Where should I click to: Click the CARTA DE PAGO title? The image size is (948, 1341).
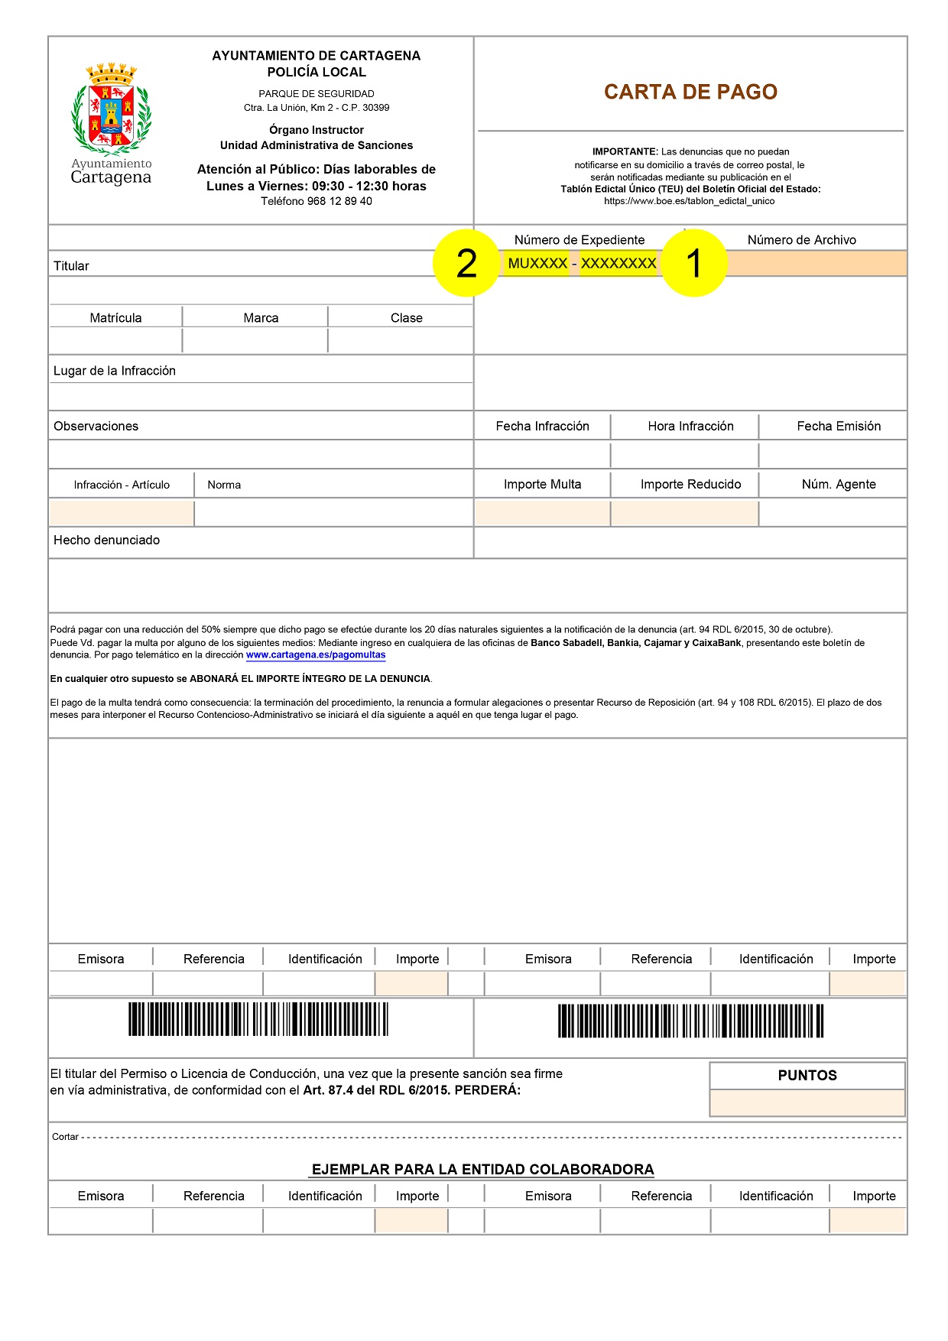[690, 92]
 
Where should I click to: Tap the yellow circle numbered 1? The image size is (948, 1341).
[693, 264]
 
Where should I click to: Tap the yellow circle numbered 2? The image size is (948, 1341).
[466, 264]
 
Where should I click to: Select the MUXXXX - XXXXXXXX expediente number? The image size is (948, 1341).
[582, 264]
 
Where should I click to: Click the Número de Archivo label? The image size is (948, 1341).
[801, 240]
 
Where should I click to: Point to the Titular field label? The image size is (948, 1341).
[71, 266]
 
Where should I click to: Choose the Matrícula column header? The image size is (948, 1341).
[115, 318]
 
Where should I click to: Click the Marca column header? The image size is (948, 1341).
[261, 318]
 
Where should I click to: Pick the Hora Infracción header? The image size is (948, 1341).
[690, 427]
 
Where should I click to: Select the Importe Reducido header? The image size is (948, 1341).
[690, 485]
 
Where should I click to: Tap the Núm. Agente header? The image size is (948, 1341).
[839, 485]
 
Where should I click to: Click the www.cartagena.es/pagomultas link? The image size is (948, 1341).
[316, 655]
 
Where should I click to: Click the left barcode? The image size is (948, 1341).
[258, 1019]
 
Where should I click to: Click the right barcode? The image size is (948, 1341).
[690, 1021]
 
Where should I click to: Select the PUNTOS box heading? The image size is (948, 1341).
[807, 1076]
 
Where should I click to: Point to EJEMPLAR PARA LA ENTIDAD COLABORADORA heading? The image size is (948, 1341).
[482, 1170]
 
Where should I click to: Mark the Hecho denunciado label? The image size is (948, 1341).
[106, 541]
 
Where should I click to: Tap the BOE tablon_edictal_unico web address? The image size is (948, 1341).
[689, 202]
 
